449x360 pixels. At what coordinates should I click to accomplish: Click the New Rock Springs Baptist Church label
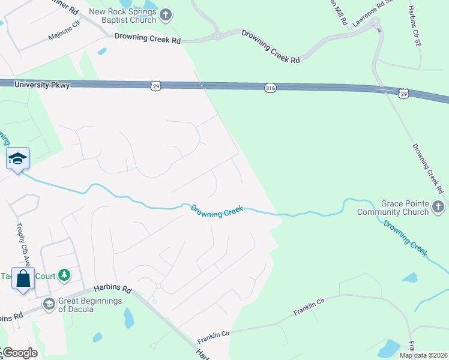[122, 16]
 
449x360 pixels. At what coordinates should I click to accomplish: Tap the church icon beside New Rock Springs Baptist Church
[166, 15]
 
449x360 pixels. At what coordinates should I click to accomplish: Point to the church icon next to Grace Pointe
[438, 208]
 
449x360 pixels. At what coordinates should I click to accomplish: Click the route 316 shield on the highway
[270, 88]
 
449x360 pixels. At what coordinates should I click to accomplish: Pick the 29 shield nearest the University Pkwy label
[155, 86]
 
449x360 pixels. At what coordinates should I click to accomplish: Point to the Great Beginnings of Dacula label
[87, 305]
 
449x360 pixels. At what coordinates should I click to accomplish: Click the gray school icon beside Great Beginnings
[48, 305]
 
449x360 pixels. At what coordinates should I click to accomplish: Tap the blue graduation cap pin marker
[18, 159]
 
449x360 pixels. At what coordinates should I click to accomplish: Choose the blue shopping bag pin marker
[23, 279]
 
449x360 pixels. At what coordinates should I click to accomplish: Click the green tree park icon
[64, 275]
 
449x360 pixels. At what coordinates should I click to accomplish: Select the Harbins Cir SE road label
[413, 27]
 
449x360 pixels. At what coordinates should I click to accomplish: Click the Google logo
[20, 353]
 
